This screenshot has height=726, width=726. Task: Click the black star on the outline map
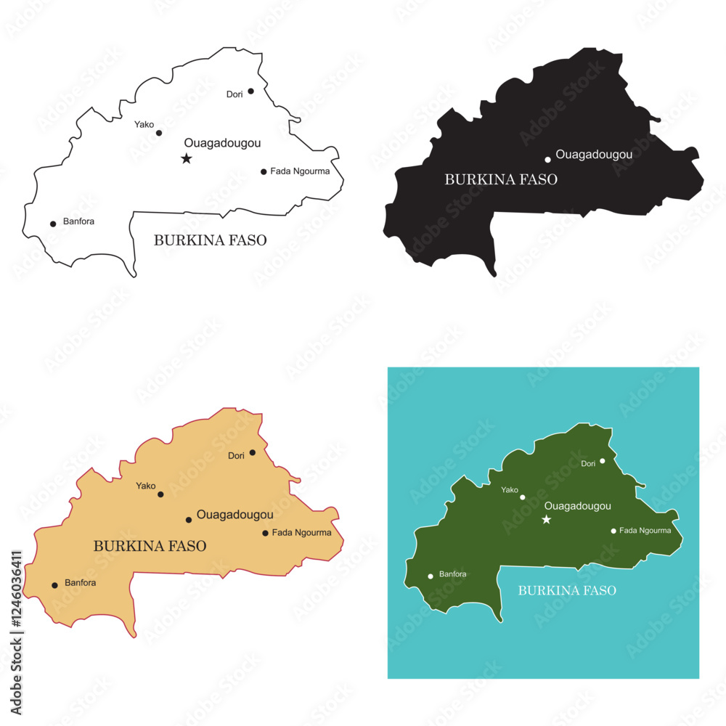coord(187,158)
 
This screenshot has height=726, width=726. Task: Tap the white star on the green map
coord(547,519)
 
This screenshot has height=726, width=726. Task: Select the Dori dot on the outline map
coord(250,91)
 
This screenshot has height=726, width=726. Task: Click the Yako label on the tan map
coord(146,486)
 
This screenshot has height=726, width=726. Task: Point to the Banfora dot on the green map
coord(431,576)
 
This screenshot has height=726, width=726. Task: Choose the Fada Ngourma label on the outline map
coord(300,171)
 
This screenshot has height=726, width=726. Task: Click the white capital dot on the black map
coord(548,160)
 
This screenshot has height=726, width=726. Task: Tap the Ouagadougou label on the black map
coord(594,154)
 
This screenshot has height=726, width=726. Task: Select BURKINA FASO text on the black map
coord(501,179)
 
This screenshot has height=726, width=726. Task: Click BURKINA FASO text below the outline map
coord(210,240)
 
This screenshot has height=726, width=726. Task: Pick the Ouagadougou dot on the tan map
coord(189,520)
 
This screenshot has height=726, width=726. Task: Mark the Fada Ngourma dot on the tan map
coord(265,533)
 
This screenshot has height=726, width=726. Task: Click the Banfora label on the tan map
coord(80,582)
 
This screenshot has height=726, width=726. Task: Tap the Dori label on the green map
coord(588,463)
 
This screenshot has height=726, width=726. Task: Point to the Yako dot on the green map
coord(523,497)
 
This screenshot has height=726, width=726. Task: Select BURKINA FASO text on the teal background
coord(567,590)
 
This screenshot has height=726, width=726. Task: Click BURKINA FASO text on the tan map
coord(150,546)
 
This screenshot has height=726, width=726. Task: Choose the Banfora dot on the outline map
coord(53,224)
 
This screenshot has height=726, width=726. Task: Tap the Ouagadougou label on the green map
coord(577,506)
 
